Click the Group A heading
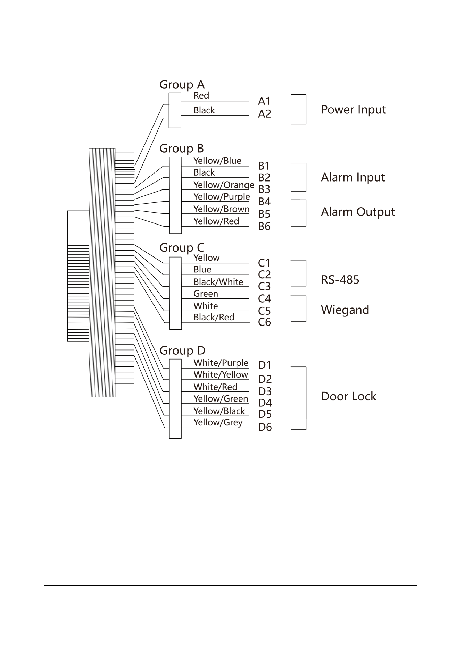tap(182, 85)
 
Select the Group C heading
tap(182, 248)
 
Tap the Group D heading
tap(183, 351)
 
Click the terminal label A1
tap(264, 101)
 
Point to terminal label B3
tap(264, 189)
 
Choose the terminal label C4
tap(264, 299)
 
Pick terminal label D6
tap(265, 427)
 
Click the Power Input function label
tap(354, 110)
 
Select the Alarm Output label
tap(358, 212)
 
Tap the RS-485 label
tap(340, 280)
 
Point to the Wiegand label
tap(345, 310)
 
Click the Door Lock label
tap(349, 396)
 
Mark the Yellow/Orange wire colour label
tap(224, 185)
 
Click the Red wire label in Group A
tap(201, 95)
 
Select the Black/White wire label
tap(218, 282)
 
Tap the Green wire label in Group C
tap(206, 294)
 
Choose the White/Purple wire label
tap(221, 363)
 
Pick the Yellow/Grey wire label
tap(218, 423)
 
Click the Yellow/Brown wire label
tap(222, 209)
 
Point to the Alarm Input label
tap(353, 178)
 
